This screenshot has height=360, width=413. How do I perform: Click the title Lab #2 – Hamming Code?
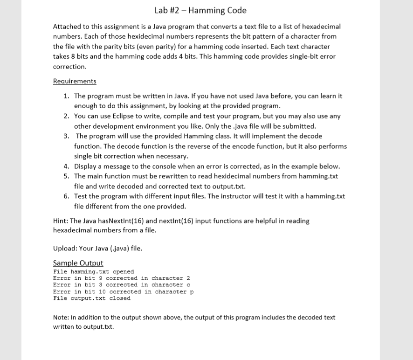[200, 10]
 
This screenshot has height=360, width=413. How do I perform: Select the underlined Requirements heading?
[75, 81]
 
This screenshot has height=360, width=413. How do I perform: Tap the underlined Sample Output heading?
[78, 263]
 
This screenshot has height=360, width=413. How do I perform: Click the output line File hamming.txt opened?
[93, 272]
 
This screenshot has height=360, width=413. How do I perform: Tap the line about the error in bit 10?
[123, 292]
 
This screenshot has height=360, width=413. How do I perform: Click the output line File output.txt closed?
[92, 298]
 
